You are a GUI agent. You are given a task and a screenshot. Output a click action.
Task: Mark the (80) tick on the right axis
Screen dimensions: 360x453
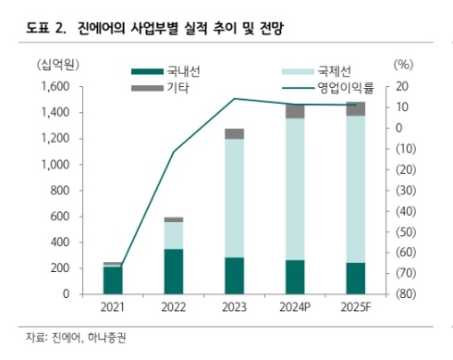coord(404,293)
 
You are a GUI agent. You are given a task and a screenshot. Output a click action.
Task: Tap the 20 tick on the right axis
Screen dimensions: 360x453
coord(400,86)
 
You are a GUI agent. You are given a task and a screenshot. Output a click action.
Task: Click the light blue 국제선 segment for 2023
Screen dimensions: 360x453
coord(234,197)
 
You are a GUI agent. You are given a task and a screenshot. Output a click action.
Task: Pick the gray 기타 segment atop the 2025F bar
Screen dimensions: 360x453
coord(355,108)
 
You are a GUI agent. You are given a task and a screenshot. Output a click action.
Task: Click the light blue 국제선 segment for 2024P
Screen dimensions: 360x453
coord(295,189)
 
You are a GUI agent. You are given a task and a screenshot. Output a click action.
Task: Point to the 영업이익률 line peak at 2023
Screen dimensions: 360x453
coord(234,98)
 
